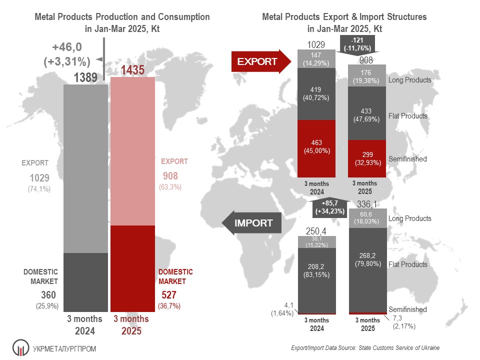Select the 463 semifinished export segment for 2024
point(316,145)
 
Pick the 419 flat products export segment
point(316,93)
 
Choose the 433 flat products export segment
point(367,112)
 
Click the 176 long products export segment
point(367,75)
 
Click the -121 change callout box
point(357,44)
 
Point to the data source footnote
point(365,347)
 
